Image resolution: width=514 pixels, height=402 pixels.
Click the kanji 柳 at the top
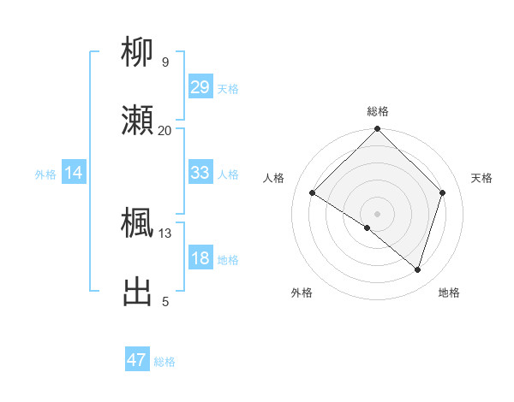pyautogui.click(x=138, y=54)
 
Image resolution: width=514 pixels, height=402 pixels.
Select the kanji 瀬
pyautogui.click(x=138, y=121)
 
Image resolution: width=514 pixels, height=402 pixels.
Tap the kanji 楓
pyautogui.click(x=138, y=223)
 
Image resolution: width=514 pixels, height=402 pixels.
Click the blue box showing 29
pyautogui.click(x=200, y=86)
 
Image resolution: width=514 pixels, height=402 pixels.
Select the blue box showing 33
pyautogui.click(x=200, y=173)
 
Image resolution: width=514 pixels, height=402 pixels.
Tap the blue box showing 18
pyautogui.click(x=200, y=258)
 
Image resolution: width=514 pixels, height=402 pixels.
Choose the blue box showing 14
pyautogui.click(x=74, y=173)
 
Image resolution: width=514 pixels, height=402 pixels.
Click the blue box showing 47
pyautogui.click(x=137, y=360)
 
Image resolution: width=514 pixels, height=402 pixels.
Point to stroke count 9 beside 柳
pyautogui.click(x=165, y=62)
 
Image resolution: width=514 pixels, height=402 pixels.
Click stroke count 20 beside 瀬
pyautogui.click(x=165, y=130)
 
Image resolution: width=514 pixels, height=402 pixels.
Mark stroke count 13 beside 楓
pyautogui.click(x=165, y=233)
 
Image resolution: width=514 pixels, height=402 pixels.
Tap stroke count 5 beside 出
pyautogui.click(x=165, y=301)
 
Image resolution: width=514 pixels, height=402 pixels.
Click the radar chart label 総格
pyautogui.click(x=378, y=112)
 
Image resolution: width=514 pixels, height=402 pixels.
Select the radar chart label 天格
pyautogui.click(x=482, y=178)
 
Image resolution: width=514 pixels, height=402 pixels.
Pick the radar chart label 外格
pyautogui.click(x=302, y=293)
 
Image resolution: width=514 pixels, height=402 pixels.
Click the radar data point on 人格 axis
pyautogui.click(x=313, y=193)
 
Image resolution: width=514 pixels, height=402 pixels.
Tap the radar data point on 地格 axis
pyautogui.click(x=418, y=269)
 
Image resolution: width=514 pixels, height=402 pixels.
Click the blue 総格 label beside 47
pyautogui.click(x=164, y=362)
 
